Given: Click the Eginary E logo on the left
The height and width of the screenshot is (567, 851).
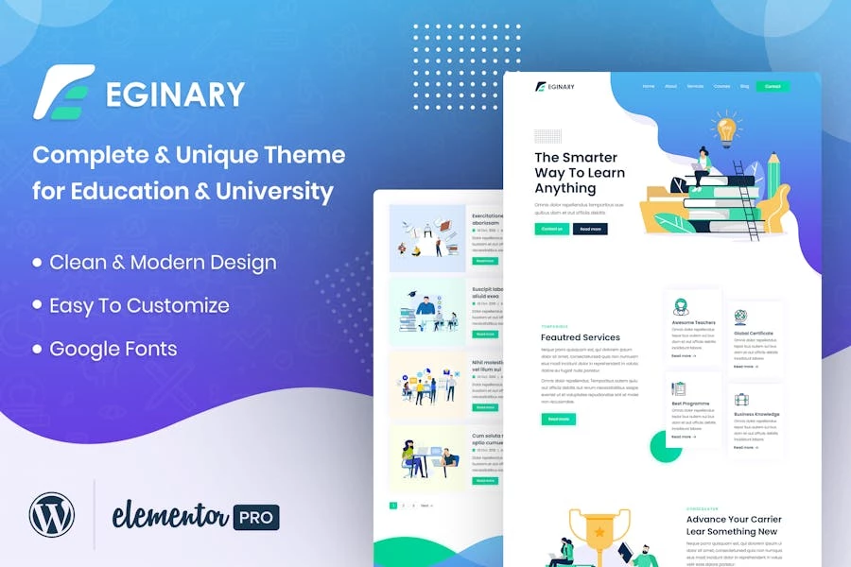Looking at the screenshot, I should click(x=63, y=92).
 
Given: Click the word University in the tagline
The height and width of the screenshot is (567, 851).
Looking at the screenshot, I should click(x=274, y=191).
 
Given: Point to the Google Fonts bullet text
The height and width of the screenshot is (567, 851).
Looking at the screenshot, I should click(x=113, y=349).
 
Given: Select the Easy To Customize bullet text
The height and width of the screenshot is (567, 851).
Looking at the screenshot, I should click(x=139, y=305).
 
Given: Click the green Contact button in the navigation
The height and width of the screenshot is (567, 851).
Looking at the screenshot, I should click(x=773, y=87).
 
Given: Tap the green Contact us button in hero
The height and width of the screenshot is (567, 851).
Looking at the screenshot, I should click(x=551, y=229).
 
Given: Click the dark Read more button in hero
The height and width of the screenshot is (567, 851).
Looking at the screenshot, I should click(x=590, y=229).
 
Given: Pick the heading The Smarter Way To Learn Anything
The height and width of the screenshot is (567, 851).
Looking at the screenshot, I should click(x=579, y=173).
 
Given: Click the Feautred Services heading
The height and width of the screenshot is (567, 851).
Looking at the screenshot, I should click(x=580, y=337).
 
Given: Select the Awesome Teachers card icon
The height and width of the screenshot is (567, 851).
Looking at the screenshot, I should click(x=681, y=307).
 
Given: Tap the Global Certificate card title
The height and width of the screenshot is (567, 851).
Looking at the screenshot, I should click(x=754, y=334).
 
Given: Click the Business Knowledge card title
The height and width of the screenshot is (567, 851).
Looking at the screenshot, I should click(x=756, y=414).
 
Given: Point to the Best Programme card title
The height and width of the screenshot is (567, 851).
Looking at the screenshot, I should click(x=690, y=404).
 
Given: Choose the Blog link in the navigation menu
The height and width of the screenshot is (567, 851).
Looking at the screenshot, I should click(x=745, y=87).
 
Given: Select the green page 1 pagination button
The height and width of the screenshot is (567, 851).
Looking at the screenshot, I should click(x=393, y=506).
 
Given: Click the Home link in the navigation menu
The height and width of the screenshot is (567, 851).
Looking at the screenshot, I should click(x=648, y=87).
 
